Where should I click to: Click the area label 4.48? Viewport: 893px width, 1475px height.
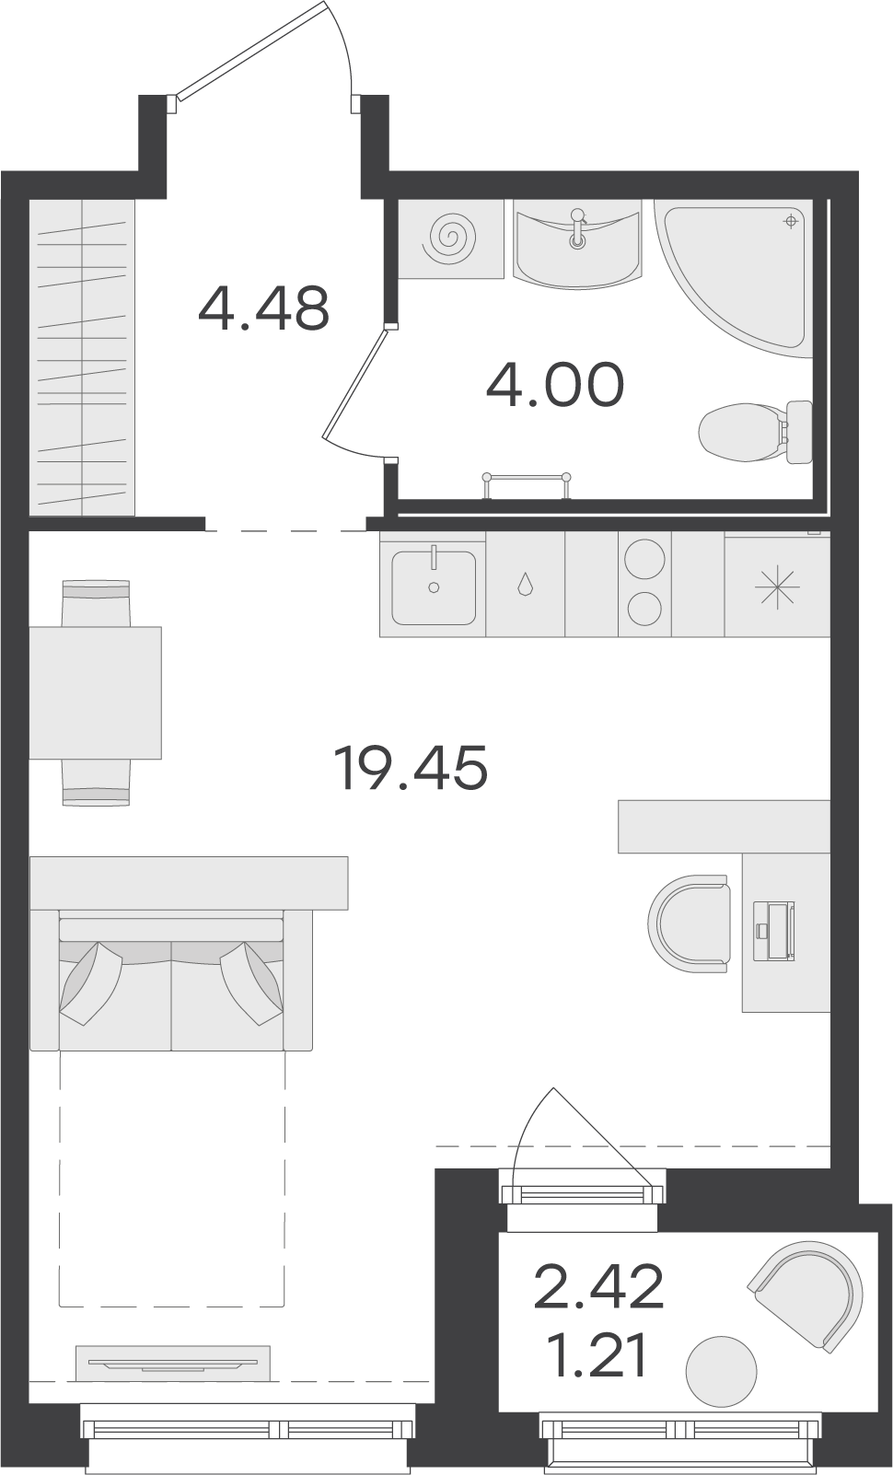point(263,308)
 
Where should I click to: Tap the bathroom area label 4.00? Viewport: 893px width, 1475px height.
point(555,385)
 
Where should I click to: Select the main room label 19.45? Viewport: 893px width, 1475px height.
point(411,767)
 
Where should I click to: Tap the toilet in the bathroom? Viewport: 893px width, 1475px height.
point(755,433)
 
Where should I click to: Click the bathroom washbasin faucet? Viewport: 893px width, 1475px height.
point(577,227)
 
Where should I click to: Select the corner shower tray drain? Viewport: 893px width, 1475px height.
point(791,221)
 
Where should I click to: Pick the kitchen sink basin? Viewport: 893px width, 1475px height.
point(434,588)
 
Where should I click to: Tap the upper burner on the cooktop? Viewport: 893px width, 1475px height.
point(644,559)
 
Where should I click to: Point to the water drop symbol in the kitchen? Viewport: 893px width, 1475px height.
point(525,584)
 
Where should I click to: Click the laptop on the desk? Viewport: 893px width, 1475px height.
point(774,929)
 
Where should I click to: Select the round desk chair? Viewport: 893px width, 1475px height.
point(689,923)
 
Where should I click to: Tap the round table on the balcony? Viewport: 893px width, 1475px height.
point(721,1372)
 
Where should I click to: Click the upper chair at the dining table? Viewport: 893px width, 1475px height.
point(96,602)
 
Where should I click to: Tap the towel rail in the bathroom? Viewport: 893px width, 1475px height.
point(527,484)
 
